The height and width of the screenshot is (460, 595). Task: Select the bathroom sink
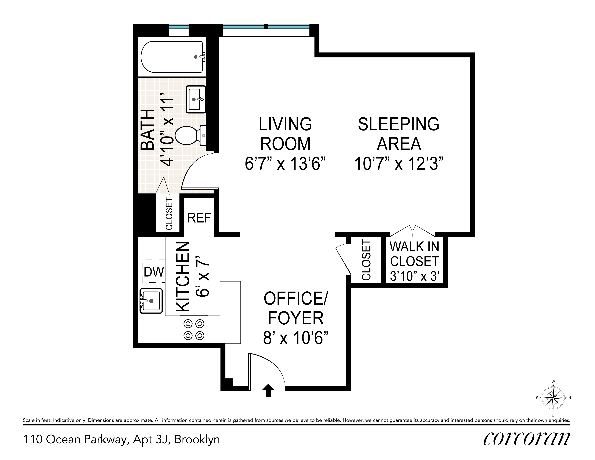click(196, 99)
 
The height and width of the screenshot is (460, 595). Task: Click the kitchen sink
click(151, 301)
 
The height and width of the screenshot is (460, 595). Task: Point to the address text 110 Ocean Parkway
click(75, 440)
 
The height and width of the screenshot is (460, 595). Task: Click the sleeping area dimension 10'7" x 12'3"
click(399, 164)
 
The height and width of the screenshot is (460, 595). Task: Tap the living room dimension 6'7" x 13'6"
click(285, 164)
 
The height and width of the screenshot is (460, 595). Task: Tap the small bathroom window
click(179, 27)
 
